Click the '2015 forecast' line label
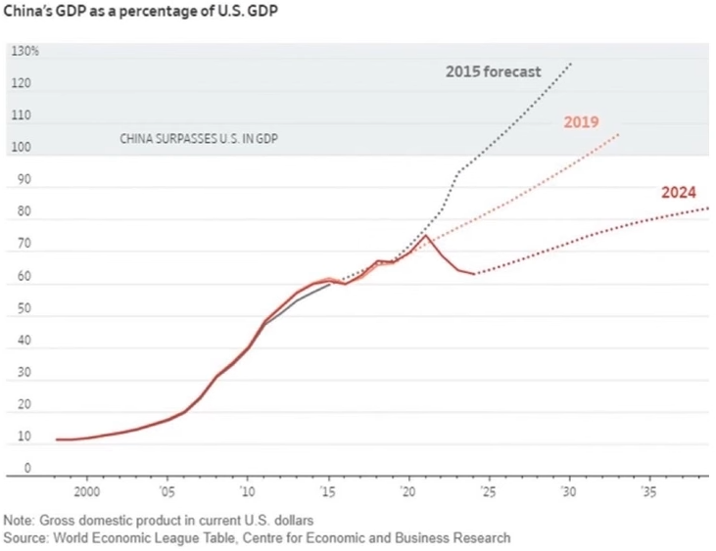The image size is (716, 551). point(493,71)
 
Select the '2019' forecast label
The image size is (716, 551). point(581,122)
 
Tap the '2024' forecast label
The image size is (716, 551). point(678,192)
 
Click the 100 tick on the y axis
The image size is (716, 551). point(20,149)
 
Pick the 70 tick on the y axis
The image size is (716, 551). point(20,245)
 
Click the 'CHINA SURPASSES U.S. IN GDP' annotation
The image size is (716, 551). point(198,139)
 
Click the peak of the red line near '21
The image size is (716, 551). point(425,236)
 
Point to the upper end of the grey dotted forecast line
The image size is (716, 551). point(570,64)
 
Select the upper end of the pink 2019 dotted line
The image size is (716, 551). point(620,133)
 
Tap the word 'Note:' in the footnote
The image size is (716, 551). point(19,520)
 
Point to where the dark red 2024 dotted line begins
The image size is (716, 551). point(475,274)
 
